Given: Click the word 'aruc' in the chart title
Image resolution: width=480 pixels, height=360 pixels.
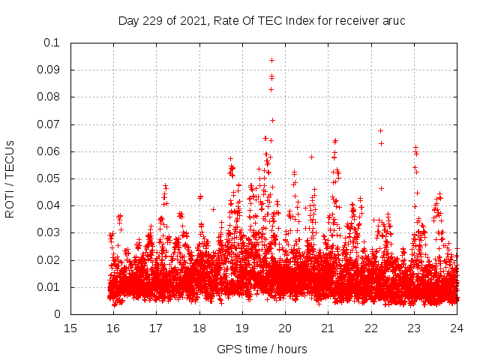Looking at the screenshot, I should tap(394, 20).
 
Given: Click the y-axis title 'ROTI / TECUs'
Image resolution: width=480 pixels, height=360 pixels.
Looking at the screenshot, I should tap(10, 178).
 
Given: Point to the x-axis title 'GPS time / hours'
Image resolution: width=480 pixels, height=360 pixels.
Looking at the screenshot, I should tap(262, 349).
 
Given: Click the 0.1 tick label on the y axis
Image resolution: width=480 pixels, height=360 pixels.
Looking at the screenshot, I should tap(52, 43).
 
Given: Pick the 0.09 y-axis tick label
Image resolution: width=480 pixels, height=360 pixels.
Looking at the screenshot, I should tap(49, 70).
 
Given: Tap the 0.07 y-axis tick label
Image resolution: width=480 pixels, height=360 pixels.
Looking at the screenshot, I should tap(49, 124).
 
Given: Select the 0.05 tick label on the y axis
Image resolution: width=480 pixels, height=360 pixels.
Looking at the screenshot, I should tap(49, 178).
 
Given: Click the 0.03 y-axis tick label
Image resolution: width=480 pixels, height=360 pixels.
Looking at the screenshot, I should tap(49, 233).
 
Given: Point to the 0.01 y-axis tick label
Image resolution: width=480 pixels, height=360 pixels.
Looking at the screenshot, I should tap(49, 287).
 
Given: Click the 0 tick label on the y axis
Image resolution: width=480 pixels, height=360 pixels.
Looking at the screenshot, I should tap(58, 315).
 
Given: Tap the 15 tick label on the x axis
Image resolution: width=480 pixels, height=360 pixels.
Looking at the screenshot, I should tap(70, 328).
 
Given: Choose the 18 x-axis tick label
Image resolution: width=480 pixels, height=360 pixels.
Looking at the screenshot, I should tap(199, 328).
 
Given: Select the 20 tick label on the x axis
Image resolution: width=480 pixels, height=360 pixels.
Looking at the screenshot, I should tap(285, 328).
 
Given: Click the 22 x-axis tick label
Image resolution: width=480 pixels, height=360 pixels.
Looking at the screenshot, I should tap(370, 328).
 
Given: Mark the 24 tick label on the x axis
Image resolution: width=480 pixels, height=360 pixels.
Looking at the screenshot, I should tap(456, 328).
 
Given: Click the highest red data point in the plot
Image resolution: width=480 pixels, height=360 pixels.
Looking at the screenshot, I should tap(271, 60).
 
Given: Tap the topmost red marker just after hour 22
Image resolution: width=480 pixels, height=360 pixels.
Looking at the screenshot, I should tap(381, 130).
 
